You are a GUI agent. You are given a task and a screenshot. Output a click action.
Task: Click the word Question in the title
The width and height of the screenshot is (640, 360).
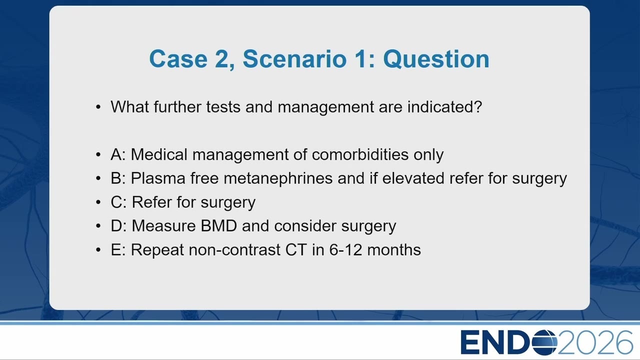point(436,59)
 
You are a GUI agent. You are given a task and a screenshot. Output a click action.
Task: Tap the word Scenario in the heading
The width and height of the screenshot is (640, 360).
point(294,59)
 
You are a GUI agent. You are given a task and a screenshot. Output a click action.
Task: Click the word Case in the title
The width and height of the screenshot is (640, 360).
point(178,59)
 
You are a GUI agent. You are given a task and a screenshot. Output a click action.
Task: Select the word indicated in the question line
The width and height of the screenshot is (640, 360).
point(444,107)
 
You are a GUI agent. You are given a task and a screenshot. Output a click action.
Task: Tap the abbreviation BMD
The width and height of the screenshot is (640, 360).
point(219,226)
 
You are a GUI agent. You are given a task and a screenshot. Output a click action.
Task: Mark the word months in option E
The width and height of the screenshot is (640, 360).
point(394,250)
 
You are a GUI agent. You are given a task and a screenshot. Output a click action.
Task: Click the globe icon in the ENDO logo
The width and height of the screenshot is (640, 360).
point(544,342)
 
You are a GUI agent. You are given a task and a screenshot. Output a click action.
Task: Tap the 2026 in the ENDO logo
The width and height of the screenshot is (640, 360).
point(595,342)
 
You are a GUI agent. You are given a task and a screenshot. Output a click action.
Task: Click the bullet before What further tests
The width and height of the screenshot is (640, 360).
point(98,107)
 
